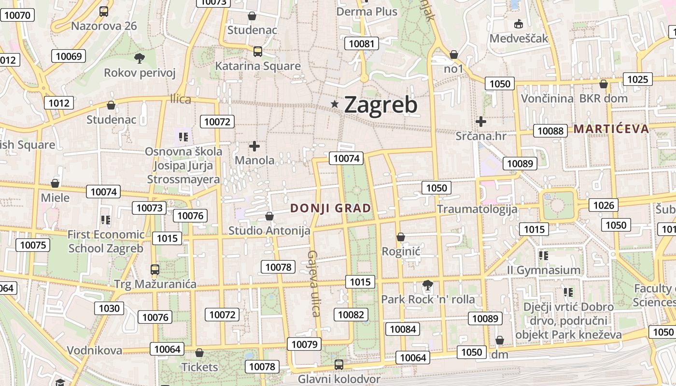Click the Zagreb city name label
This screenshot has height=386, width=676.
[380, 105]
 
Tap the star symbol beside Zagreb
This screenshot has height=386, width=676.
[335, 104]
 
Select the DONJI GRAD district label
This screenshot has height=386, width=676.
[331, 208]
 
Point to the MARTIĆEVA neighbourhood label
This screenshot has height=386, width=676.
[611, 128]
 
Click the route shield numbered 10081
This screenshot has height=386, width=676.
[361, 44]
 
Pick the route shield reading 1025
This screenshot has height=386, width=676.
[637, 79]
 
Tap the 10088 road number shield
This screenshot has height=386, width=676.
[550, 131]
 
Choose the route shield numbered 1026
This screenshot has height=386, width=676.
[604, 206]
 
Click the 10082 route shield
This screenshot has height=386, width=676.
[351, 315]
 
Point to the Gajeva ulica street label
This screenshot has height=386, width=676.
[314, 283]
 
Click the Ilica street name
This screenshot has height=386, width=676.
[181, 99]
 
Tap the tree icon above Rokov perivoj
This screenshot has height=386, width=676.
[140, 59]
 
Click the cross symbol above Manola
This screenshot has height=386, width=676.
[254, 146]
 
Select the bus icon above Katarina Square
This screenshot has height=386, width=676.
[258, 51]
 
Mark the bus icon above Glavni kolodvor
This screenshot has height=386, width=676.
[339, 364]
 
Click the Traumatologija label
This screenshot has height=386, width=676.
[477, 209]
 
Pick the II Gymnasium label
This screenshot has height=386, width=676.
[544, 270]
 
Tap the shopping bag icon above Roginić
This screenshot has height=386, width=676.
[400, 237]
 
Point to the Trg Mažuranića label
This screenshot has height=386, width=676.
[155, 284]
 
